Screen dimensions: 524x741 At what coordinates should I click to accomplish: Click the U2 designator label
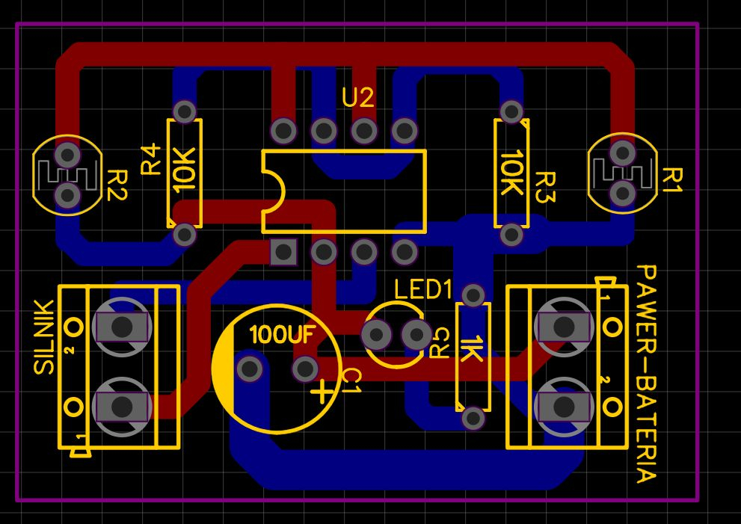click(x=357, y=98)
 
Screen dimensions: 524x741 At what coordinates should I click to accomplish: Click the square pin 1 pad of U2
click(x=283, y=252)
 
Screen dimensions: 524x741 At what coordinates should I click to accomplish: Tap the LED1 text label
click(x=423, y=289)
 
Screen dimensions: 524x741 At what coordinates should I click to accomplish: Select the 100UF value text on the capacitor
click(x=283, y=335)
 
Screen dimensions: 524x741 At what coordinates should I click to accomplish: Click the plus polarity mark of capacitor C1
click(x=322, y=391)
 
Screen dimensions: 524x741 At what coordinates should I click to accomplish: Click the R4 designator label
click(x=151, y=159)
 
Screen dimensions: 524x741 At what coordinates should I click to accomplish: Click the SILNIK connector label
click(x=44, y=337)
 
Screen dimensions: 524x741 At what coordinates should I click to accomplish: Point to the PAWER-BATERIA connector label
click(x=647, y=373)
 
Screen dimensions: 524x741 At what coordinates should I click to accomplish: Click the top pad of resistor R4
click(x=184, y=111)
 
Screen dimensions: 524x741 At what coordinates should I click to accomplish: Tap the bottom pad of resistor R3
click(x=511, y=235)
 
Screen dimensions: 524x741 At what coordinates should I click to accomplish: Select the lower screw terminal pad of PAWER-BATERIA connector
click(x=564, y=407)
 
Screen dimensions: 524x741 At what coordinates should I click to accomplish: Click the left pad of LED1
click(x=377, y=333)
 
